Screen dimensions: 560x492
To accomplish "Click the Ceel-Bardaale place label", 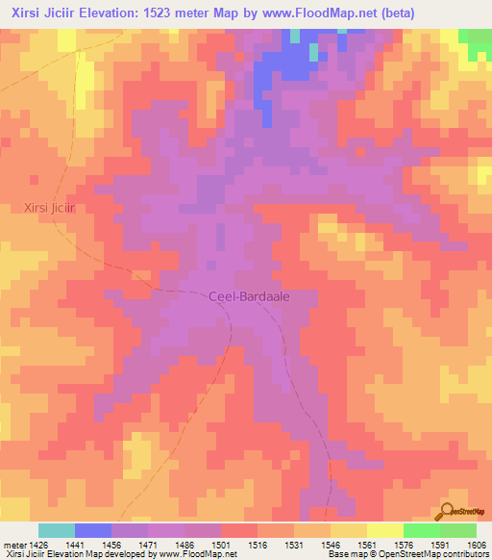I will [248, 297].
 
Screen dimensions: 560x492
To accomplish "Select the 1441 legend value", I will [73, 545].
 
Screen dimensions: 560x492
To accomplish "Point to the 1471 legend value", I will [147, 545].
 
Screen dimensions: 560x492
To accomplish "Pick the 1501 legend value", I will [220, 545].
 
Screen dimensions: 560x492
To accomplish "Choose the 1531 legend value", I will [293, 545].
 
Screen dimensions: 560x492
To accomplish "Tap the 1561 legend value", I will [366, 545].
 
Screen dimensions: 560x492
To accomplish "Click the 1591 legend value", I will [439, 545].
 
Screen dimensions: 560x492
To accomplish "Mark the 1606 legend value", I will [476, 545].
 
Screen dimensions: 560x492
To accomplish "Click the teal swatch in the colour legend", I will [57, 530].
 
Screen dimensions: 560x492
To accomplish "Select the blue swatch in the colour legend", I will [93, 530].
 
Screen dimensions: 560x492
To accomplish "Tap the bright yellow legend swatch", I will [385, 530].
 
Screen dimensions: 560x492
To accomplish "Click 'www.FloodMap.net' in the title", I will [318, 13].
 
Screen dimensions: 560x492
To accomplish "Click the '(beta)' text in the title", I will [402, 13].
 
